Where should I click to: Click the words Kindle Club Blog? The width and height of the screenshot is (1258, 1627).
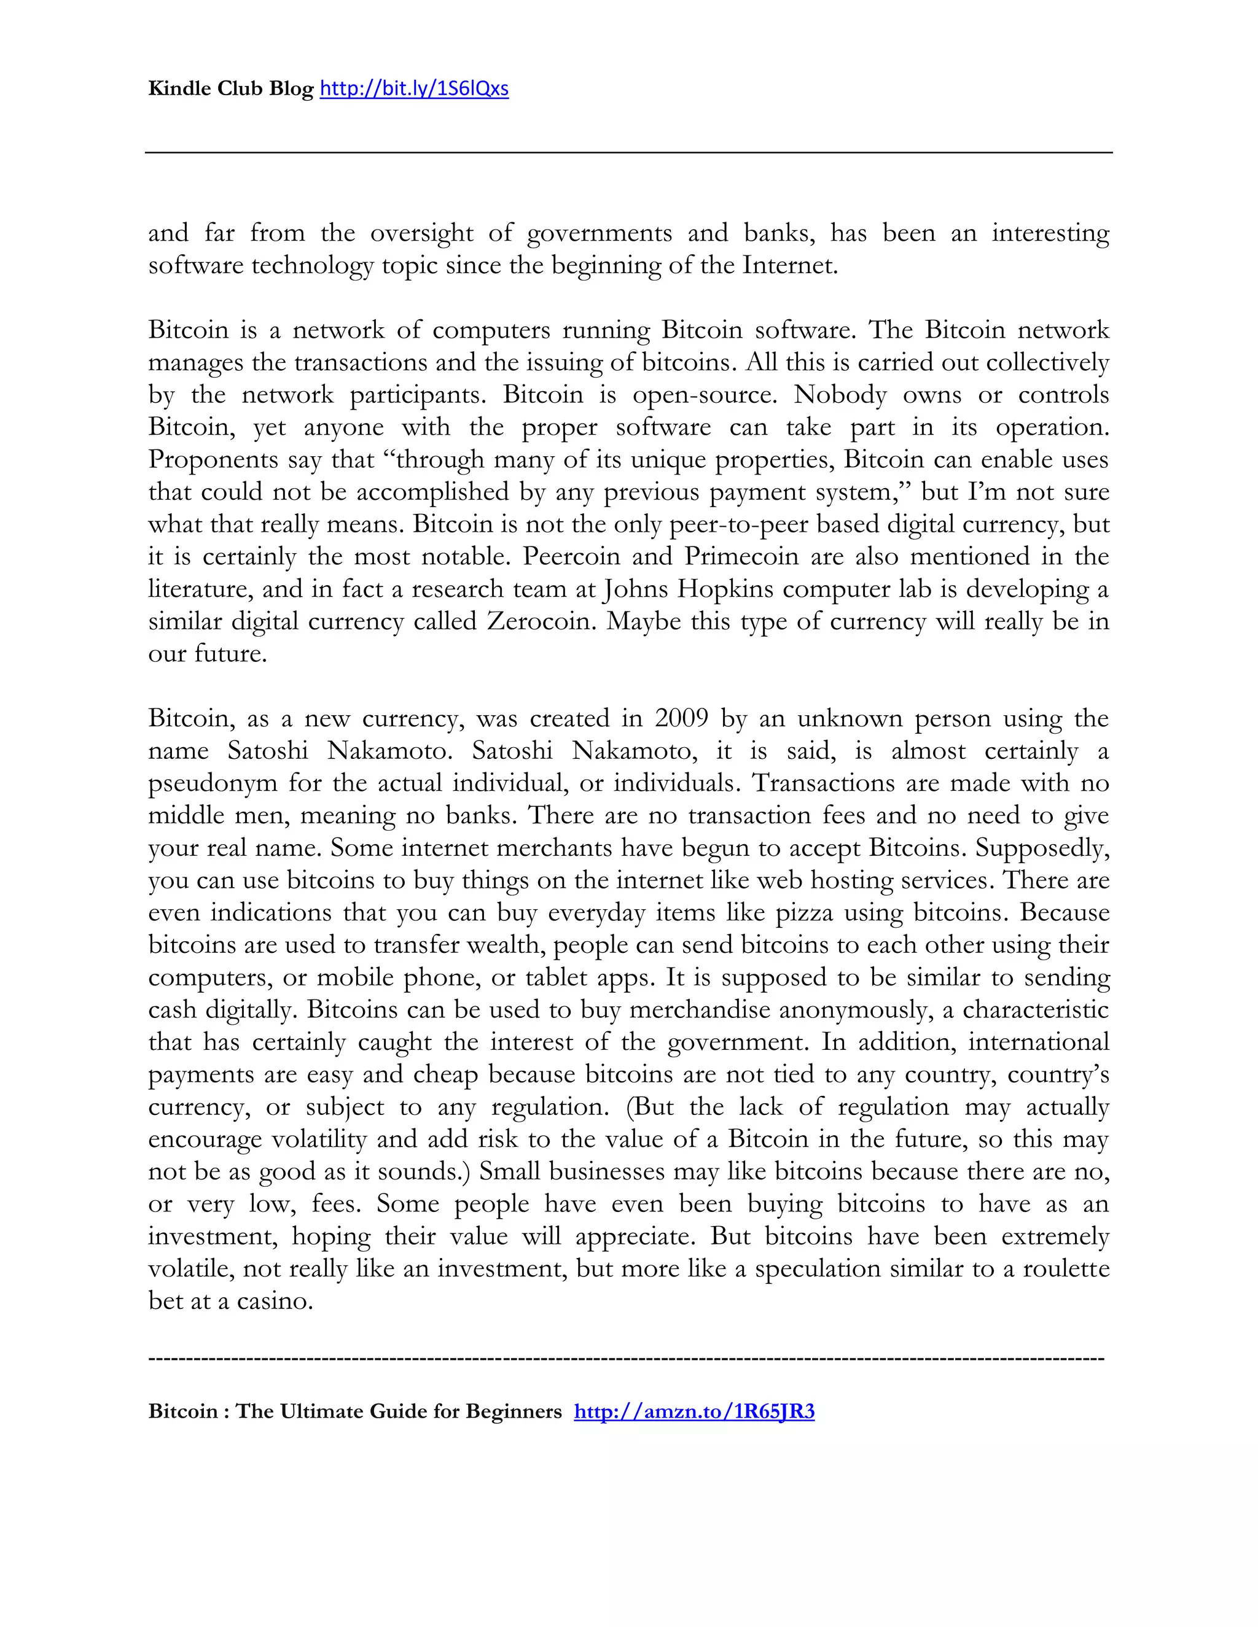tap(230, 88)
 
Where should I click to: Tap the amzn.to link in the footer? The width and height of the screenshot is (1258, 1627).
tap(694, 1411)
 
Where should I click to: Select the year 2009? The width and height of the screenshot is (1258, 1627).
tap(681, 718)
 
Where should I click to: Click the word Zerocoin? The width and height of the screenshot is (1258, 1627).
tap(541, 621)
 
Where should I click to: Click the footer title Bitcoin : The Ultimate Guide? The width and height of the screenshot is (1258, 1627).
tap(355, 1411)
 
